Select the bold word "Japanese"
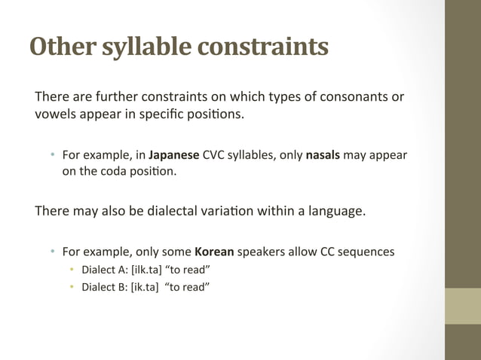[x=174, y=155]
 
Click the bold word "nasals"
[x=323, y=155]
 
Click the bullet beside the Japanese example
[x=54, y=155]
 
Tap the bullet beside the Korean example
[x=54, y=251]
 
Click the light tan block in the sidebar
[x=462, y=306]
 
